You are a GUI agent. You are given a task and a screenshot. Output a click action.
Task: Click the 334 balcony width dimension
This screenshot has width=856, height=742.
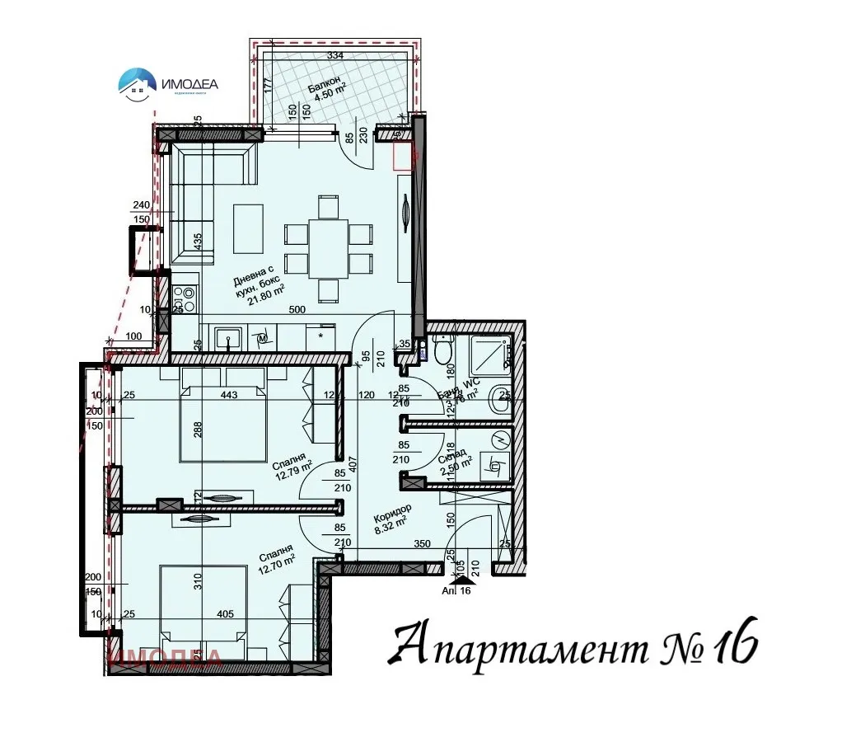coord(335,55)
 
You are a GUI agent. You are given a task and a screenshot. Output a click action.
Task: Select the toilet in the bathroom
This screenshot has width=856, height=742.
coord(443,351)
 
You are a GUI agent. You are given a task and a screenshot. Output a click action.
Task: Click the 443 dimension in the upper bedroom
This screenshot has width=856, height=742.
coord(229,395)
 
